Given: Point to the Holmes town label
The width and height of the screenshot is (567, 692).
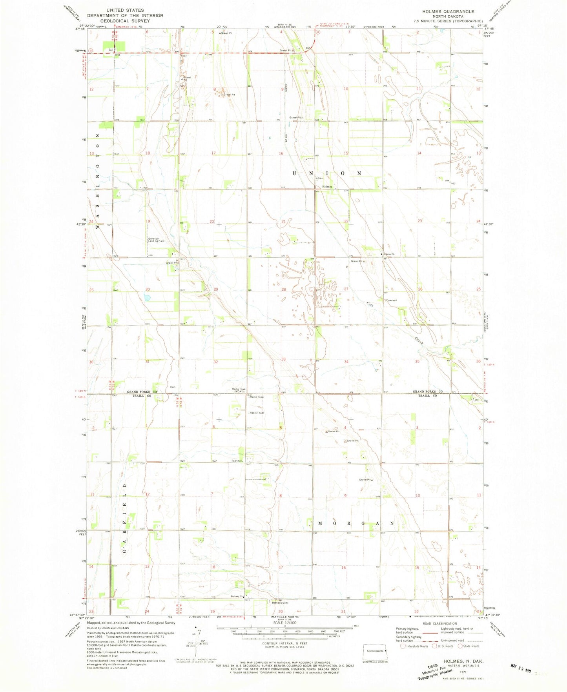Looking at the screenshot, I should coord(327,187).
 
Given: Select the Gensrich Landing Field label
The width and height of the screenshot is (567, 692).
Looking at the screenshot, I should coord(156,240).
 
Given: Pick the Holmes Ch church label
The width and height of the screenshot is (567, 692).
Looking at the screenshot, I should coord(388,254).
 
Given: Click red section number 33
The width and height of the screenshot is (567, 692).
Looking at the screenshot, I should coord(283,359).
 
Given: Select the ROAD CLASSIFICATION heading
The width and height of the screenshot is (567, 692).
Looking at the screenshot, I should coord(439,623).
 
